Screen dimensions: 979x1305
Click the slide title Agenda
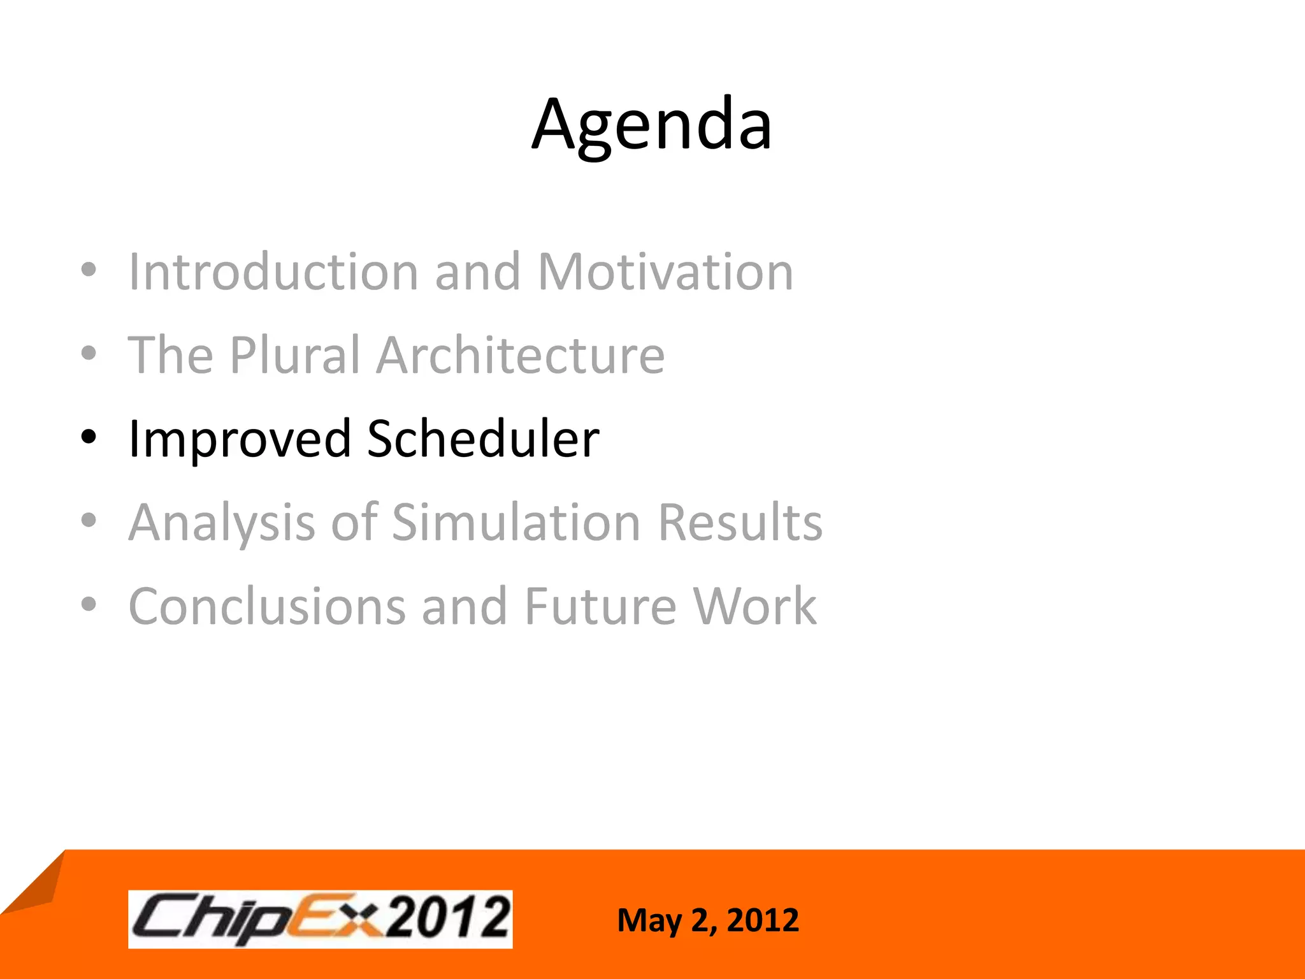click(x=652, y=124)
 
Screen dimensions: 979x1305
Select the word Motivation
click(x=665, y=272)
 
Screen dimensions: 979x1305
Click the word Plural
click(x=295, y=355)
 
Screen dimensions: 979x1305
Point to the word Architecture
click(x=520, y=355)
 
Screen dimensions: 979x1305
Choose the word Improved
click(x=240, y=439)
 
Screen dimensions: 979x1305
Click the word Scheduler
click(x=483, y=439)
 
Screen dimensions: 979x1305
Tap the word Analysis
click(x=222, y=523)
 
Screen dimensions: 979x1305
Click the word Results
click(x=740, y=523)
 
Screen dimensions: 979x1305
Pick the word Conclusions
click(x=267, y=606)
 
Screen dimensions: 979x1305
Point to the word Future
click(x=600, y=606)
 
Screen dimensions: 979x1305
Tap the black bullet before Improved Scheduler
click(x=89, y=437)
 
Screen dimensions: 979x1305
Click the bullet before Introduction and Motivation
click(x=89, y=270)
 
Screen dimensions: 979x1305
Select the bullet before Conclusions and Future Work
click(x=89, y=604)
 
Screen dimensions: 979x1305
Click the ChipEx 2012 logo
click(x=321, y=919)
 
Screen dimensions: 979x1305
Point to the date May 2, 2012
click(x=707, y=920)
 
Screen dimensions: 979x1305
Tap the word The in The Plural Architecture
click(x=170, y=355)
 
